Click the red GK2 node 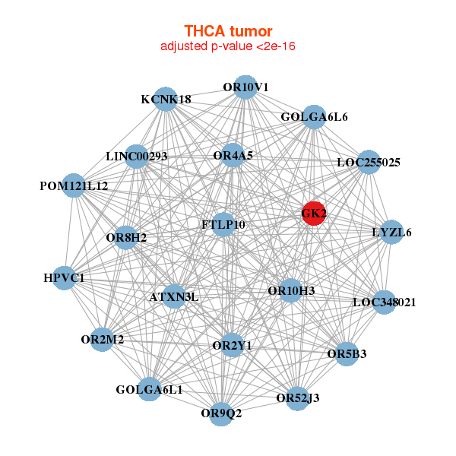(314, 214)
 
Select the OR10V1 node (245, 87)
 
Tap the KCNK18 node (166, 99)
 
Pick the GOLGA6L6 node (314, 117)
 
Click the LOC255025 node (369, 162)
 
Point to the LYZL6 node (391, 232)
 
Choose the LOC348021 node (385, 302)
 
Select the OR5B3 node (347, 353)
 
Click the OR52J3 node (298, 397)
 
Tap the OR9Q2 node (221, 413)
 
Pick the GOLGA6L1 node (149, 390)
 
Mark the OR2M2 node (103, 339)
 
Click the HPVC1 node (64, 278)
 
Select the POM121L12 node (74, 185)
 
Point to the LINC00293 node (136, 157)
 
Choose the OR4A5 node (233, 155)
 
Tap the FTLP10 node (223, 225)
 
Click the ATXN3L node (174, 296)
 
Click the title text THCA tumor (228, 31)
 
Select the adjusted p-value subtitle (228, 46)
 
